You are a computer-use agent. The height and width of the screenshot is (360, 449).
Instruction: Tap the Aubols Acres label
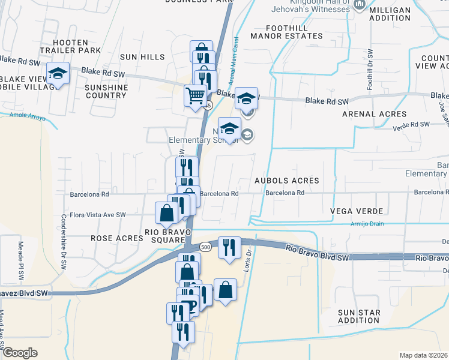286,180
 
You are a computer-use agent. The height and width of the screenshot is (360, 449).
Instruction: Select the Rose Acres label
117,238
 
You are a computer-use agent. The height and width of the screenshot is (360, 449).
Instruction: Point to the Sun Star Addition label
360,317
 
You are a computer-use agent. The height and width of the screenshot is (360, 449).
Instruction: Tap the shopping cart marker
195,95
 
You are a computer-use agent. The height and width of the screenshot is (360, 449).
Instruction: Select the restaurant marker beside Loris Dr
229,247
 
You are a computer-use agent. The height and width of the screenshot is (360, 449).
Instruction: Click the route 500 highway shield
205,247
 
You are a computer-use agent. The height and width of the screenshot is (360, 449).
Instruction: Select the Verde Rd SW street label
411,124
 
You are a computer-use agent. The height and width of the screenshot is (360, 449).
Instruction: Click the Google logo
20,353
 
